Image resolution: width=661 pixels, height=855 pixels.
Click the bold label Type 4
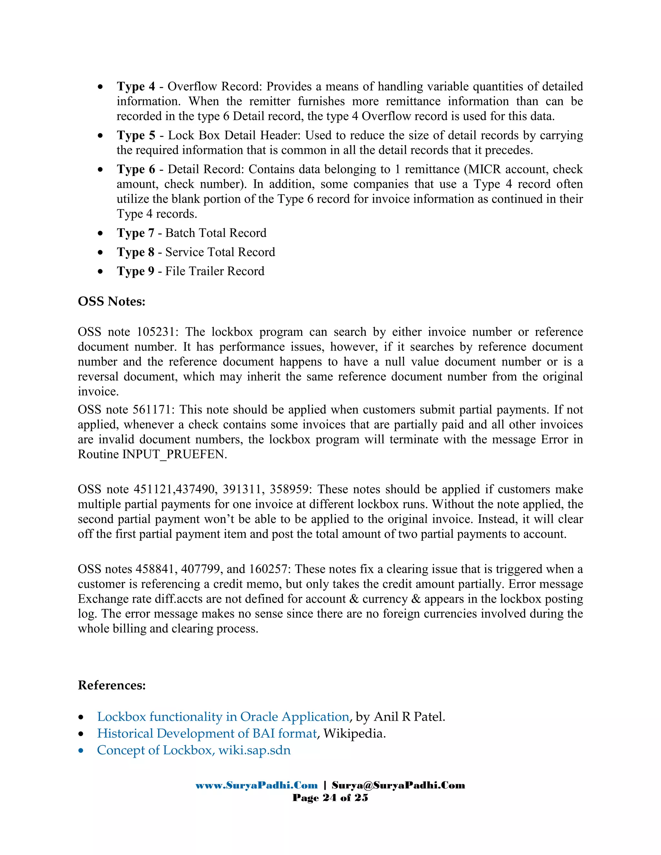coord(136,86)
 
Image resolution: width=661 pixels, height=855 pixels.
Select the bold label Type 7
coord(136,233)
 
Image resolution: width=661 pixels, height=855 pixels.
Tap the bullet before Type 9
coord(101,271)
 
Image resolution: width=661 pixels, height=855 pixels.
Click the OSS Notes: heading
coord(112,301)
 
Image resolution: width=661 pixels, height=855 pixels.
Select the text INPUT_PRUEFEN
coord(174,454)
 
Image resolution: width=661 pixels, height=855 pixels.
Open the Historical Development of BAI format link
coord(207,733)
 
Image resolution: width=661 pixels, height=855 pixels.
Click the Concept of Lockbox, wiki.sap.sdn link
coord(194,750)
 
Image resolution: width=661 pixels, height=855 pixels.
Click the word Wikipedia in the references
coord(354,733)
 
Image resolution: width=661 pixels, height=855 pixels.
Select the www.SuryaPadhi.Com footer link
coord(257,785)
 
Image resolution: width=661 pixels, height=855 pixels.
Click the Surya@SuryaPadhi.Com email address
coord(398,785)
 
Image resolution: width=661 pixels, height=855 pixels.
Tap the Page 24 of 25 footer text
coord(330,798)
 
